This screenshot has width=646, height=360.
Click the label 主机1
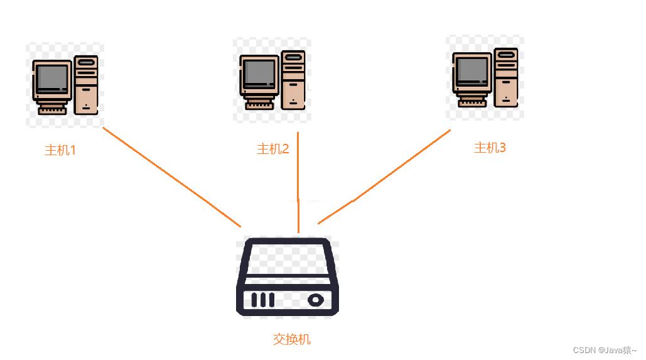pyautogui.click(x=60, y=151)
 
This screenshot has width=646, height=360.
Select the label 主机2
pyautogui.click(x=273, y=149)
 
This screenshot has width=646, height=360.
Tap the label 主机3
pyautogui.click(x=490, y=148)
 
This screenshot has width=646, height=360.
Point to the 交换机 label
pyautogui.click(x=292, y=339)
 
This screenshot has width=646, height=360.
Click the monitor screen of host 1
pyautogui.click(x=51, y=79)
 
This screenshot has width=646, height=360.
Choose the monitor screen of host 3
pyautogui.click(x=472, y=70)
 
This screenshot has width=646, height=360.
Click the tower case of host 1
pyautogui.click(x=86, y=85)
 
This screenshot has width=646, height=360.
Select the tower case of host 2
pyautogui.click(x=293, y=80)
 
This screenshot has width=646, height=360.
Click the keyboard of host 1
pyautogui.click(x=52, y=111)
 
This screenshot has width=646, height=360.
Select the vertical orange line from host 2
pyautogui.click(x=298, y=182)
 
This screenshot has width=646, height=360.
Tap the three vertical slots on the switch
pyautogui.click(x=262, y=300)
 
